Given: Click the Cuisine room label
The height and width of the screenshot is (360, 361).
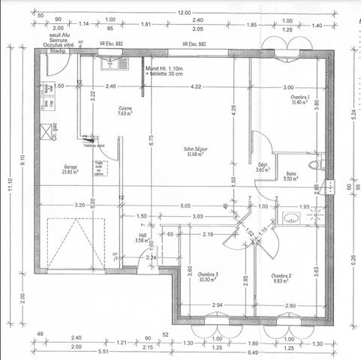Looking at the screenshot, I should (125, 111).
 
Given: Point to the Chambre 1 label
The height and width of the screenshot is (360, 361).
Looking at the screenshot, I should (302, 100).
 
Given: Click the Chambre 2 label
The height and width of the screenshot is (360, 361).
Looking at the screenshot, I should (281, 278).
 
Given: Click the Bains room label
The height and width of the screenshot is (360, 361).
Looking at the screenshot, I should (290, 177).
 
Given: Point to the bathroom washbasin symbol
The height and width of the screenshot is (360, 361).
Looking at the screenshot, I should (290, 218).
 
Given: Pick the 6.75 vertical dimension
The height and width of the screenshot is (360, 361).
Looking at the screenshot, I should (151, 139).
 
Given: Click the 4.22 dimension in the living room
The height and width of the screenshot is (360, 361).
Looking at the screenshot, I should (197, 88).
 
